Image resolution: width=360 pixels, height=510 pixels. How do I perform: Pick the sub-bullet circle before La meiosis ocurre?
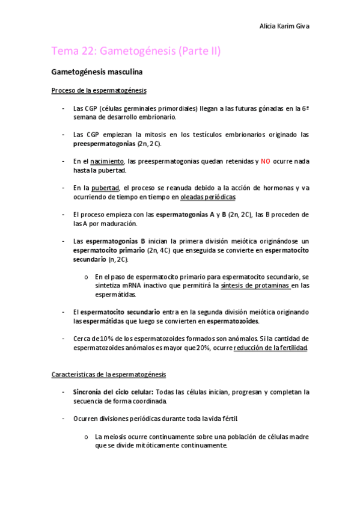tap(88, 436)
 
